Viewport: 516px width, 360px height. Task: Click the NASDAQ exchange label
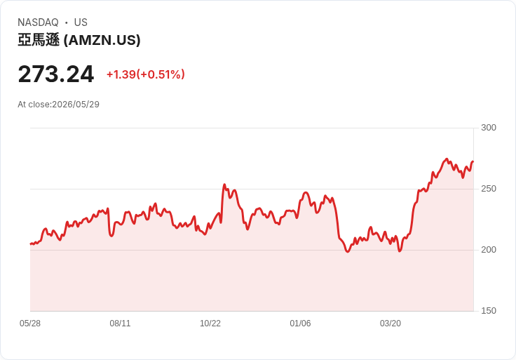click(38, 22)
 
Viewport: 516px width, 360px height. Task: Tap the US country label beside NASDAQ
click(81, 22)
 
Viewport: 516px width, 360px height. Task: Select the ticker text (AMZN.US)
click(102, 40)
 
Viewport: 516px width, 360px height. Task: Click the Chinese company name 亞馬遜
click(39, 40)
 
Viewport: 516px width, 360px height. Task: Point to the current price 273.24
click(56, 74)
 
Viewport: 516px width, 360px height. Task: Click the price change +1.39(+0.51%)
click(145, 74)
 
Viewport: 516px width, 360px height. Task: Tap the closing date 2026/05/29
click(76, 105)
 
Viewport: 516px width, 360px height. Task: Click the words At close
click(34, 105)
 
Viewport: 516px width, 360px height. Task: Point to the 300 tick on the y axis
click(489, 128)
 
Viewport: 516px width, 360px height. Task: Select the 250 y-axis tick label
click(489, 189)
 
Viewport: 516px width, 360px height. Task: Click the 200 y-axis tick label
click(489, 250)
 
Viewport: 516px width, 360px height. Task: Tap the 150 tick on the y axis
click(489, 311)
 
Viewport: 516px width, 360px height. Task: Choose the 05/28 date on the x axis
click(30, 324)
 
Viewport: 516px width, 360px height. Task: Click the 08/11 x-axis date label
click(120, 324)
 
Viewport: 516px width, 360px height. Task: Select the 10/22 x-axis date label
click(210, 324)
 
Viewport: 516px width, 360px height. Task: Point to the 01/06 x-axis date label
click(300, 324)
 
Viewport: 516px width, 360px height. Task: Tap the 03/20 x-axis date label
click(391, 324)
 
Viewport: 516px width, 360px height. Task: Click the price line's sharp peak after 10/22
click(224, 185)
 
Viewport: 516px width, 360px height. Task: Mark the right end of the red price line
click(473, 161)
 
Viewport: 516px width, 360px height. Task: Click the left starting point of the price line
click(30, 244)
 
